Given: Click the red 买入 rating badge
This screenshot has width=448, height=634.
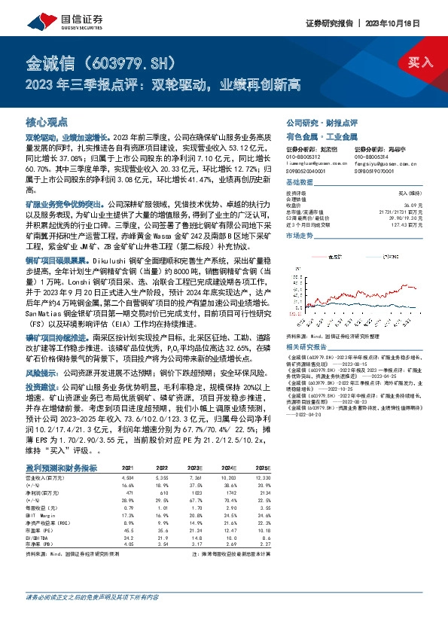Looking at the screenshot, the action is click(x=422, y=61).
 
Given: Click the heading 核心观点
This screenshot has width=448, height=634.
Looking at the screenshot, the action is click(x=46, y=121).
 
